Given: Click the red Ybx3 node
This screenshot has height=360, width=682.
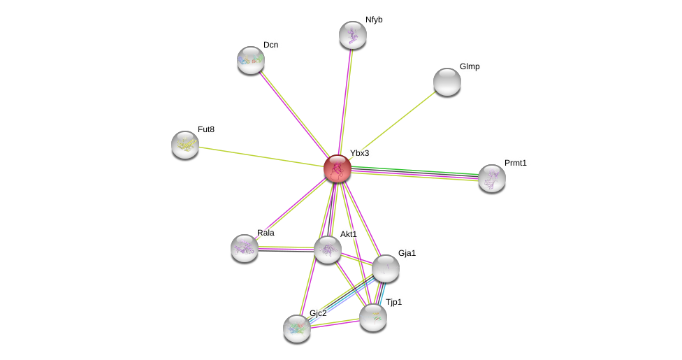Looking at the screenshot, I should tap(338, 168).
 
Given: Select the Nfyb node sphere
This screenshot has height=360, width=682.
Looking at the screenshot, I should tap(353, 35).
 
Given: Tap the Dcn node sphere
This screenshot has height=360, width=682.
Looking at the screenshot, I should tap(251, 60).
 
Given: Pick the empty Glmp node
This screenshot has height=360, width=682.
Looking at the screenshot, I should tap(447, 82).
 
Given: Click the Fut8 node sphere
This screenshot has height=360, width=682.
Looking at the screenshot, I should tap(185, 145).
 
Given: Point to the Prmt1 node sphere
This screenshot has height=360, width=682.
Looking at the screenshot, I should tap(492, 178).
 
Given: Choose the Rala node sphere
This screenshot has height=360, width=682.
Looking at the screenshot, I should tap(245, 248).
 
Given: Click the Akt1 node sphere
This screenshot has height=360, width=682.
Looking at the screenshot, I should tap(328, 250).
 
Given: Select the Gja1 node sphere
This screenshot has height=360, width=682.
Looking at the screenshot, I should tap(386, 268).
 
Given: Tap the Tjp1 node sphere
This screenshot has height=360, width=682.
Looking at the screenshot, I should tap(373, 317).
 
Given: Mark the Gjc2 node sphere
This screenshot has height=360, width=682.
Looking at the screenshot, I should tap(297, 329).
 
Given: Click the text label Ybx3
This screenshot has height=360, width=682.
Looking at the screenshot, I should tap(359, 153).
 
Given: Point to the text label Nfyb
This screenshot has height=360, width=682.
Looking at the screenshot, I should tap(374, 20).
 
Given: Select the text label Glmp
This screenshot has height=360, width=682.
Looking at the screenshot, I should tap(470, 66).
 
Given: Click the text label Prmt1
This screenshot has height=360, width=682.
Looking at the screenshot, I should tap(516, 163).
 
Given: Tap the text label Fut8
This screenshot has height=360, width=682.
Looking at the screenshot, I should tap(206, 129).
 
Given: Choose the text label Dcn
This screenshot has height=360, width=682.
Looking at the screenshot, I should tap(270, 45).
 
